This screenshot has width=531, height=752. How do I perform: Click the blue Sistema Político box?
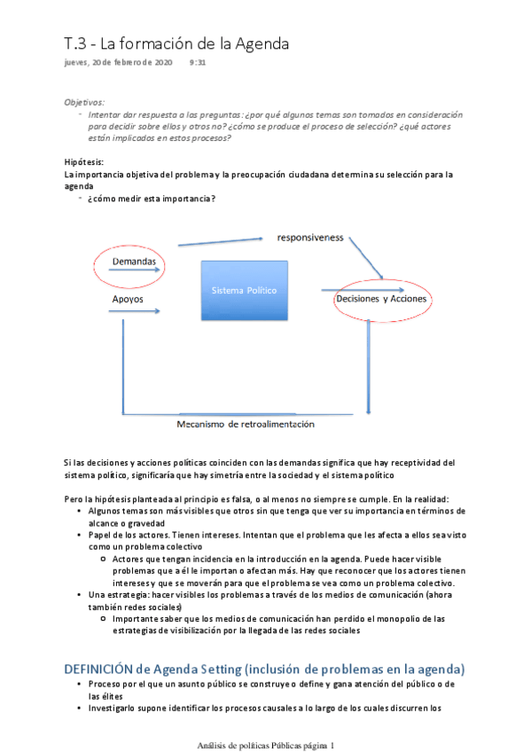point(244,290)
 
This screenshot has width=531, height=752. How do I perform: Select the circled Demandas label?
point(134,262)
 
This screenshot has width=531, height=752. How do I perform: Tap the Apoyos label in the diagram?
point(128,300)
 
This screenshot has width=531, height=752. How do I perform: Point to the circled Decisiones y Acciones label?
point(381,299)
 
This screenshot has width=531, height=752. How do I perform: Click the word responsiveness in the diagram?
point(310,238)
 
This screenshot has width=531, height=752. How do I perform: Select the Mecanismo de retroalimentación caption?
point(246,424)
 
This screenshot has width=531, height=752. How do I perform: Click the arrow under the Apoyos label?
point(133,311)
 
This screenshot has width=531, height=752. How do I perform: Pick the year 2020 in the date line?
point(162,63)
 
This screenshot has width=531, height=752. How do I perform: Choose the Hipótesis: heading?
point(83,161)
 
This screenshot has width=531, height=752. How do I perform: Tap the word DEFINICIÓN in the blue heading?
point(99,668)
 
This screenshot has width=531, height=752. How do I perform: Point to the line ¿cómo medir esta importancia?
point(151,198)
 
